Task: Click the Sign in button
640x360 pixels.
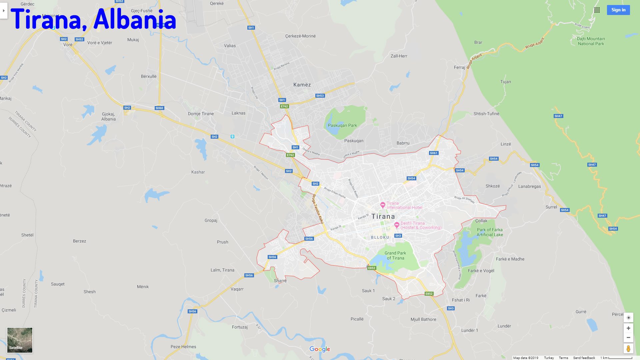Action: [x=618, y=10]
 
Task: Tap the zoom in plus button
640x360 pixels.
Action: [x=628, y=328]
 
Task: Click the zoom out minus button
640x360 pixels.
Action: [x=628, y=338]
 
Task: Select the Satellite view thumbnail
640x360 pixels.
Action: [x=20, y=340]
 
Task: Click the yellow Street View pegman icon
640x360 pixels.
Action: [x=628, y=349]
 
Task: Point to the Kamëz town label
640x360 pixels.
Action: [x=302, y=85]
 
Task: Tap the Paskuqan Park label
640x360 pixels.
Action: [x=342, y=126]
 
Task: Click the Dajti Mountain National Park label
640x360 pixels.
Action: [x=591, y=41]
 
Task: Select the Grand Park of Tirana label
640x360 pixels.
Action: [x=395, y=256]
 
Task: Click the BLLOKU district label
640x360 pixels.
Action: [x=380, y=238]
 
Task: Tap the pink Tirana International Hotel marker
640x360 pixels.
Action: [x=383, y=205]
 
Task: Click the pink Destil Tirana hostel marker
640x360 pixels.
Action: [x=397, y=225]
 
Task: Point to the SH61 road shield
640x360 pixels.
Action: [x=434, y=153]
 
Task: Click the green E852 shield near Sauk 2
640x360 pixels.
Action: [x=429, y=294]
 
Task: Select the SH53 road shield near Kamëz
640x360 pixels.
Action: [x=320, y=96]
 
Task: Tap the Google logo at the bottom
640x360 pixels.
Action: [x=320, y=349]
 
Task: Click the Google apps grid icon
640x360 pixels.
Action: [x=597, y=10]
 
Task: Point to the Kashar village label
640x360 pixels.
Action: [x=198, y=172]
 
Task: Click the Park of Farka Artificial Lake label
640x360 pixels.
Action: [x=490, y=232]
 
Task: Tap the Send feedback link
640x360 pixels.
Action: [x=584, y=358]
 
